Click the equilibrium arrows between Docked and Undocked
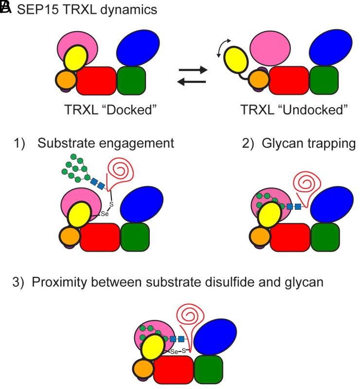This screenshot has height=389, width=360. pyautogui.click(x=193, y=75)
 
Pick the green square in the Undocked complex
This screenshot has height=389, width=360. pyautogui.click(x=325, y=80)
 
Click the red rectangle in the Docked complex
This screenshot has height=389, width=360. pyautogui.click(x=97, y=80)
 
